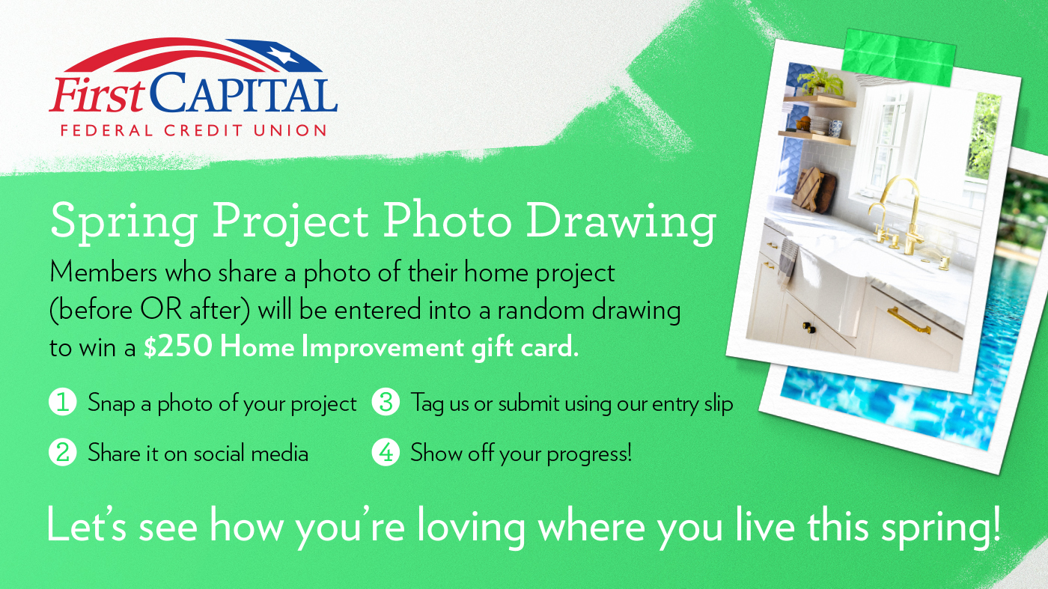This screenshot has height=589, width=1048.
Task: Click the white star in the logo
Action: tap(284, 55)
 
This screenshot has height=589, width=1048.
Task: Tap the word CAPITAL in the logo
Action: tap(244, 92)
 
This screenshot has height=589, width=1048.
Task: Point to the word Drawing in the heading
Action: tap(621, 223)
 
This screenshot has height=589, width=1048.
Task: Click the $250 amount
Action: tap(177, 347)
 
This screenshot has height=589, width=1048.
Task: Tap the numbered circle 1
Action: tap(63, 402)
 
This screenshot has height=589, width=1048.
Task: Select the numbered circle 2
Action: tap(63, 452)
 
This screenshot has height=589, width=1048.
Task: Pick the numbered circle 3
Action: tap(386, 402)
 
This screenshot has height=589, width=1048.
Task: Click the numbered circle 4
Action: tap(386, 452)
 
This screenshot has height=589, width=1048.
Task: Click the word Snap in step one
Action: tap(112, 403)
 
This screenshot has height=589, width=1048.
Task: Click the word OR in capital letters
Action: tap(161, 309)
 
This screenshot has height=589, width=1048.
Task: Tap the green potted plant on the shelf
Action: tap(822, 81)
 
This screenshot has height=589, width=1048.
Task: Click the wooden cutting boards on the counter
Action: tap(813, 189)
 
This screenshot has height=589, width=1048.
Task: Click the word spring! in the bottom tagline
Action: tap(941, 527)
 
